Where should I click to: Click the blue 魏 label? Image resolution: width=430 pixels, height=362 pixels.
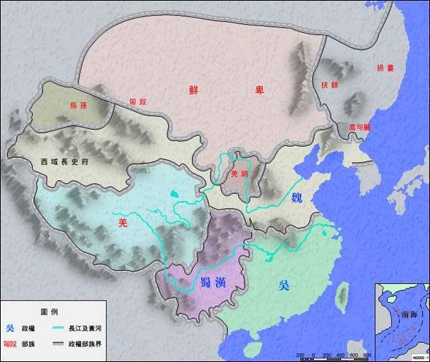coord(297,198)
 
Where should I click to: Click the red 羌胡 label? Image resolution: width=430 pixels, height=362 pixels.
coord(239,175)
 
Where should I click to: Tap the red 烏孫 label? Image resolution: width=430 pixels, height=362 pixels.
coord(78,105)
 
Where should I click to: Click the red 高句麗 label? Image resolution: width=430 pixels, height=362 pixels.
coord(358,126)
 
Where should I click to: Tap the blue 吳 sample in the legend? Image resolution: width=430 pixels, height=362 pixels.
coord(9,327)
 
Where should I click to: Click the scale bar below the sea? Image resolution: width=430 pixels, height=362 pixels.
coord(329,355)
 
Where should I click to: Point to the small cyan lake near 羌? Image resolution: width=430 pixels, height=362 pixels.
coord(173,194)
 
